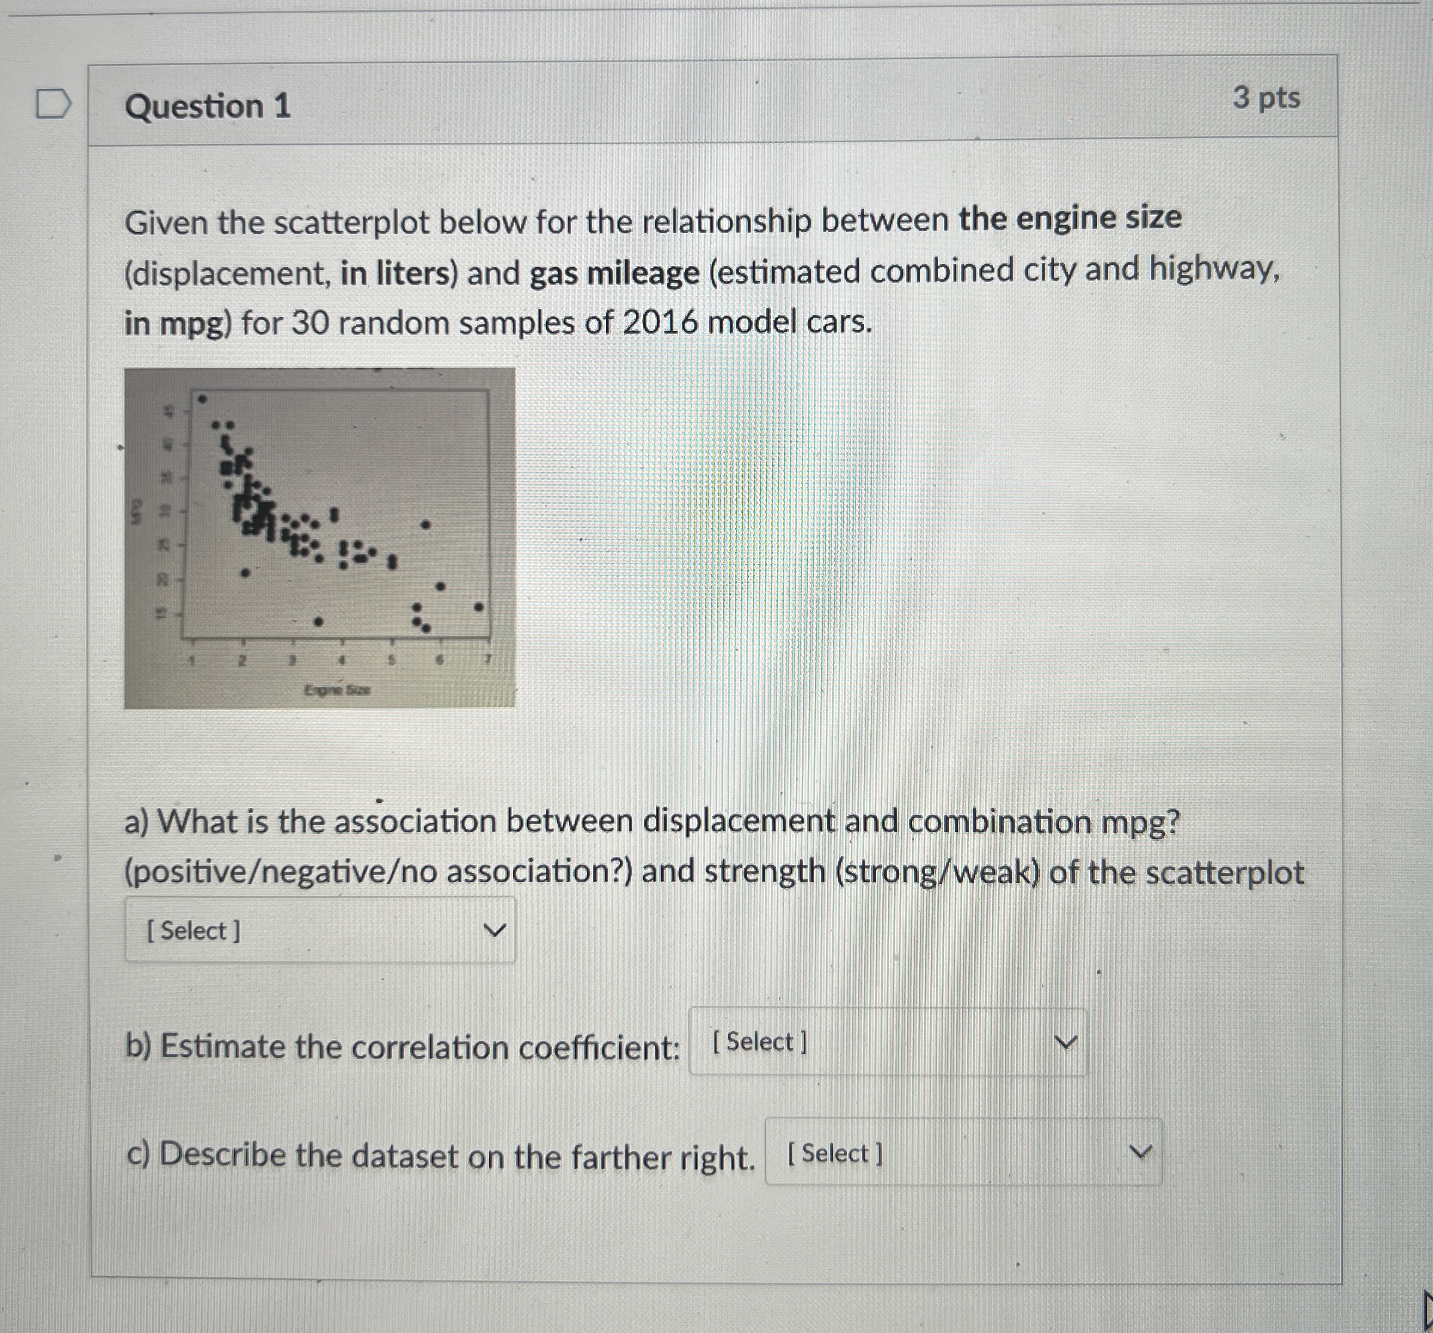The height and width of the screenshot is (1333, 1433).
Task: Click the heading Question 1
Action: [x=207, y=106]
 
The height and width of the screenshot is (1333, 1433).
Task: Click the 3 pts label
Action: [x=1266, y=98]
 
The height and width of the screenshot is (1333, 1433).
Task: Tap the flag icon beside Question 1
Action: [x=53, y=104]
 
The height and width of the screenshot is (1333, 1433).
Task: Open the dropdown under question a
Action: [x=320, y=930]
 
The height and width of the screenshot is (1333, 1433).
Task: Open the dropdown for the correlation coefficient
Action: [x=887, y=1042]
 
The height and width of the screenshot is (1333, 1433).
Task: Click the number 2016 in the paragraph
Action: [x=660, y=322]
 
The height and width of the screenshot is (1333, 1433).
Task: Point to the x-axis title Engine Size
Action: [x=336, y=690]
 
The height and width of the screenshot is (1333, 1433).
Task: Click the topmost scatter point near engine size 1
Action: [x=203, y=398]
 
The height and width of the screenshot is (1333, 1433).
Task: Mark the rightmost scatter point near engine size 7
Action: [x=479, y=608]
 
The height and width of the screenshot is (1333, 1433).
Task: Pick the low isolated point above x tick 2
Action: [x=245, y=574]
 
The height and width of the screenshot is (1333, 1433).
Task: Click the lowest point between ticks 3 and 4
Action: [x=319, y=620]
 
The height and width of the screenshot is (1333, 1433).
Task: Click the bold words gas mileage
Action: [x=614, y=273]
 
